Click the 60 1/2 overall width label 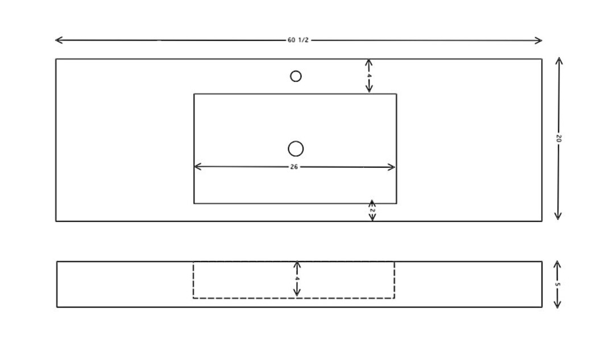[298, 40]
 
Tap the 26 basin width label [294, 167]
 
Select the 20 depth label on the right [559, 138]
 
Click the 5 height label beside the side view [558, 285]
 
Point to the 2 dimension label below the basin [372, 211]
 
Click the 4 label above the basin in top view [369, 76]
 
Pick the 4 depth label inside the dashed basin [297, 279]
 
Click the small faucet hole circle [296, 76]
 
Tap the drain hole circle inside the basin [296, 149]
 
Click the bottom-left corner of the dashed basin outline [193, 298]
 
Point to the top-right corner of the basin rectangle [397, 94]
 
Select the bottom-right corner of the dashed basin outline [395, 298]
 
